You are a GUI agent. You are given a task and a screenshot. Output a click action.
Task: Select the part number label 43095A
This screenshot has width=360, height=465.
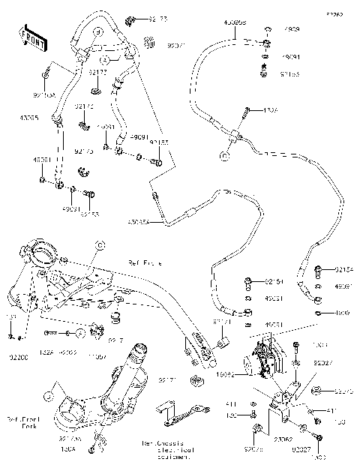pos(139,222)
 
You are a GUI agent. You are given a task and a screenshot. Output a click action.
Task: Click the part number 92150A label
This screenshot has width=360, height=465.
pos(44,95)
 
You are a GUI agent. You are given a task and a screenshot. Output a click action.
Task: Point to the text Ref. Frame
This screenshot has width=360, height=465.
pos(145,263)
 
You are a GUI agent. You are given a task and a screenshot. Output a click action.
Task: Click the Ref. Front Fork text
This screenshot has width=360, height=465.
pos(23,423)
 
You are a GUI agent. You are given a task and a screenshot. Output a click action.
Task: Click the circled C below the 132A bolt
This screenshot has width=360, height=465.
pos(223,156)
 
